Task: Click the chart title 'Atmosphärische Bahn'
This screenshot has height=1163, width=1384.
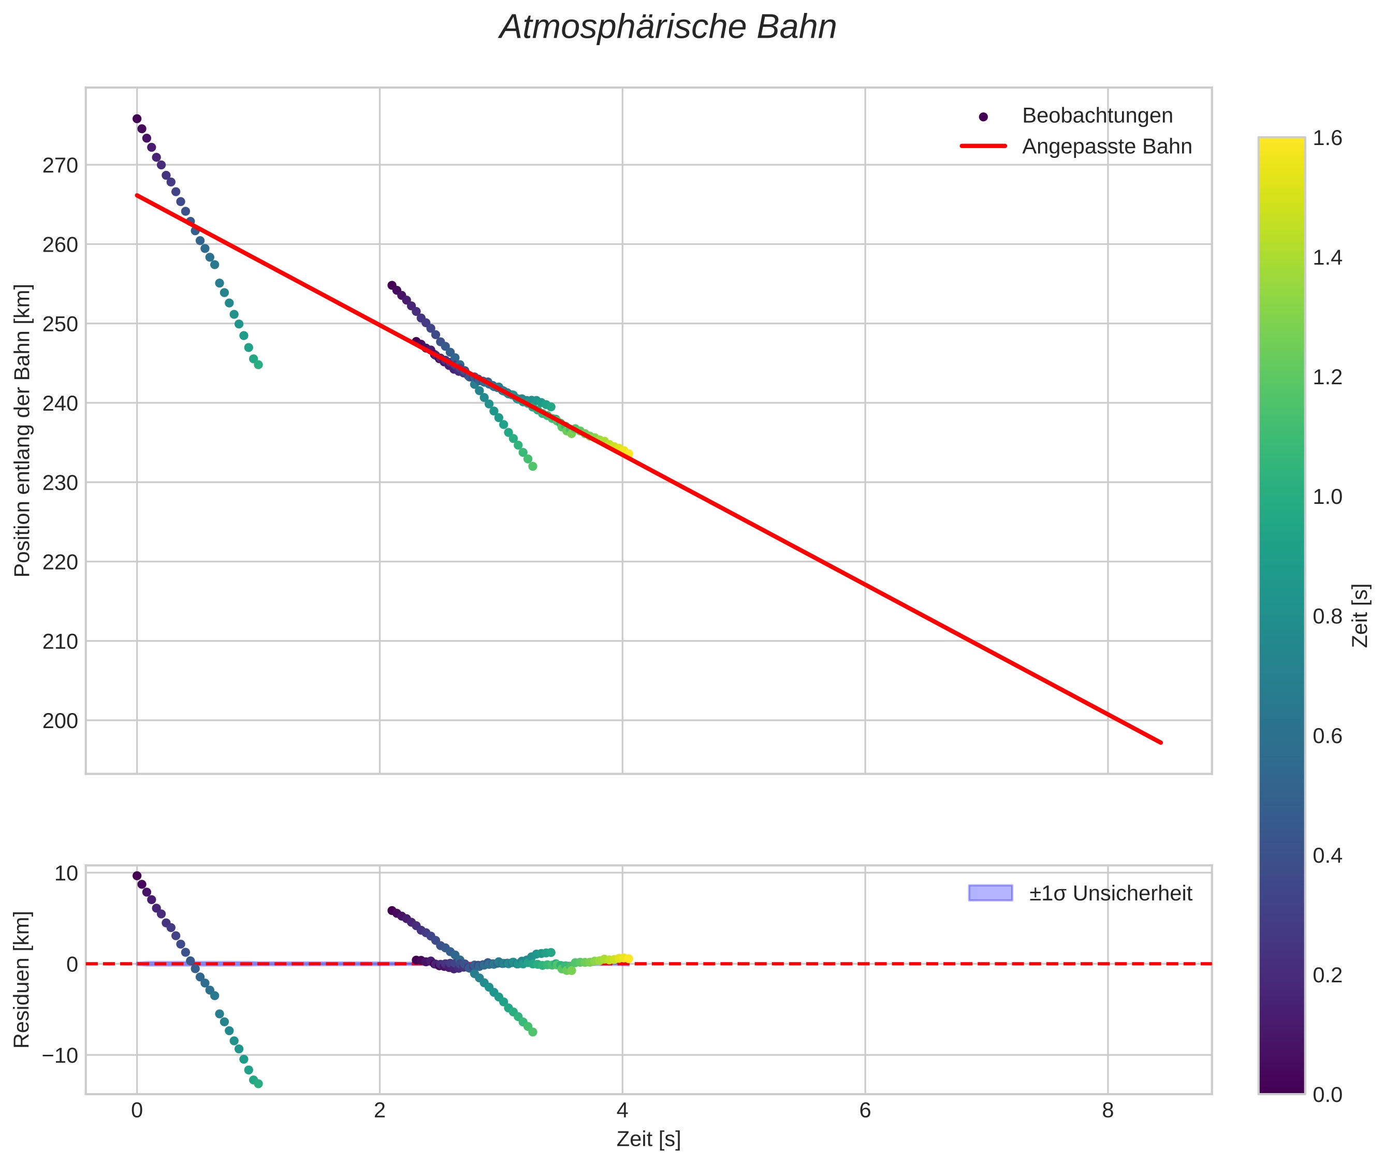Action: tap(667, 27)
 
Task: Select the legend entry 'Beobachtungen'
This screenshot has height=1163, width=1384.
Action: tap(1097, 115)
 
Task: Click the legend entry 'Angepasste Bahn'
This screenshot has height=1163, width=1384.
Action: tap(1106, 147)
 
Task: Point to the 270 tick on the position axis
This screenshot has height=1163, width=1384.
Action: tap(60, 166)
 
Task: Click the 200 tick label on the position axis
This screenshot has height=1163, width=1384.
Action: tap(60, 721)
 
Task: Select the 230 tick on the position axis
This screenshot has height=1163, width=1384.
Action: tap(60, 483)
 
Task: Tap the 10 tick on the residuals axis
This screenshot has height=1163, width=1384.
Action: tap(66, 874)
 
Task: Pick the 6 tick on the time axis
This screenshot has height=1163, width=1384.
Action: tap(865, 1111)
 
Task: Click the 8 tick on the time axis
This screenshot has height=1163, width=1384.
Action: tap(1107, 1111)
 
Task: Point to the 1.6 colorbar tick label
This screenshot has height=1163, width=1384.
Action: tap(1327, 138)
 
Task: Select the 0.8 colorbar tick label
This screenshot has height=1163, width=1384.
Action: tap(1327, 616)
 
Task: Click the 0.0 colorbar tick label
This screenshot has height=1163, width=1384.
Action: tap(1327, 1095)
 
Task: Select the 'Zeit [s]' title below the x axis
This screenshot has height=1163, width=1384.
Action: tap(648, 1139)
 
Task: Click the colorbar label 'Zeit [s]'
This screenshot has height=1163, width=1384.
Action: tap(1361, 616)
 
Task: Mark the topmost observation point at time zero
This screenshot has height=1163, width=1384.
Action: tap(137, 119)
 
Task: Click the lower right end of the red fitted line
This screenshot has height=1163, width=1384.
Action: tap(1160, 743)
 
